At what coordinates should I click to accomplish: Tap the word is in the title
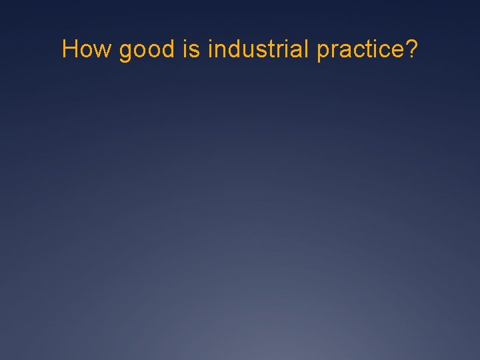click(189, 49)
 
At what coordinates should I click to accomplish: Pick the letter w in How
click(102, 51)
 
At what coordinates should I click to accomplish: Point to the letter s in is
click(194, 51)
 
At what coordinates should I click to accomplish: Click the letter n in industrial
click(219, 51)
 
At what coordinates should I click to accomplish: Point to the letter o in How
click(87, 51)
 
